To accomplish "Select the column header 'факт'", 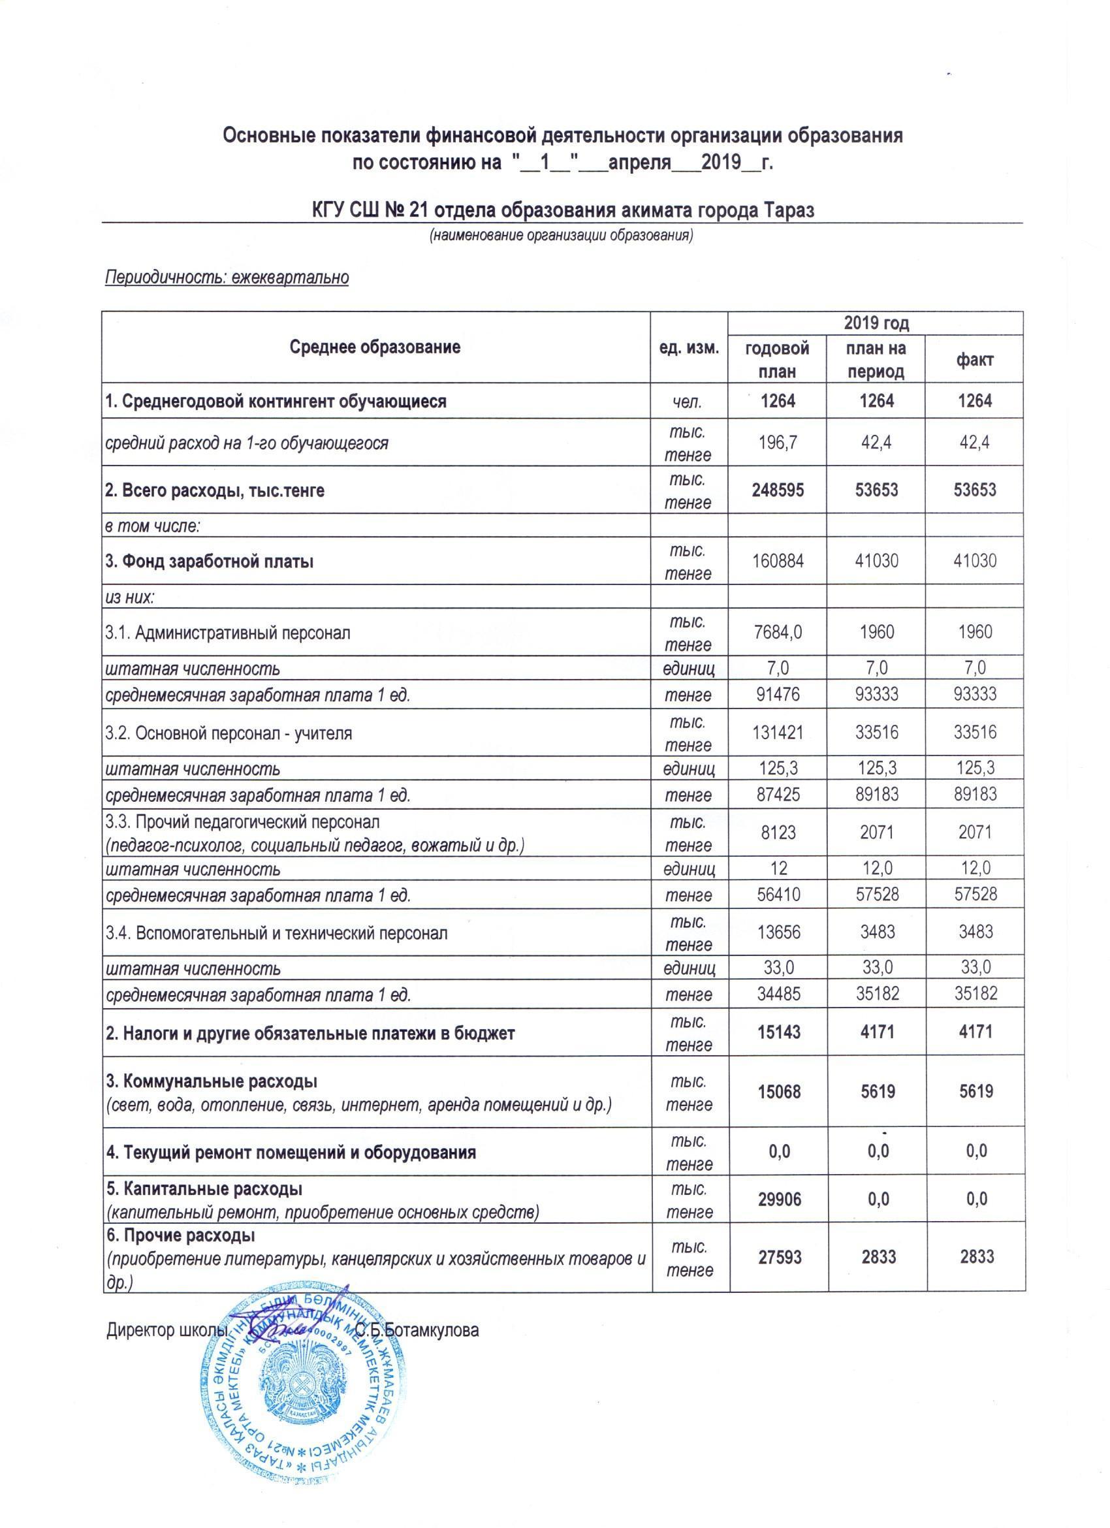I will click(975, 360).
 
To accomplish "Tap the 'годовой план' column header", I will click(778, 360).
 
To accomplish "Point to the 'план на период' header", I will click(876, 360).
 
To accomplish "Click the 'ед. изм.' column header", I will click(690, 347).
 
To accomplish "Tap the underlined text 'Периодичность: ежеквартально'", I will click(227, 278).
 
